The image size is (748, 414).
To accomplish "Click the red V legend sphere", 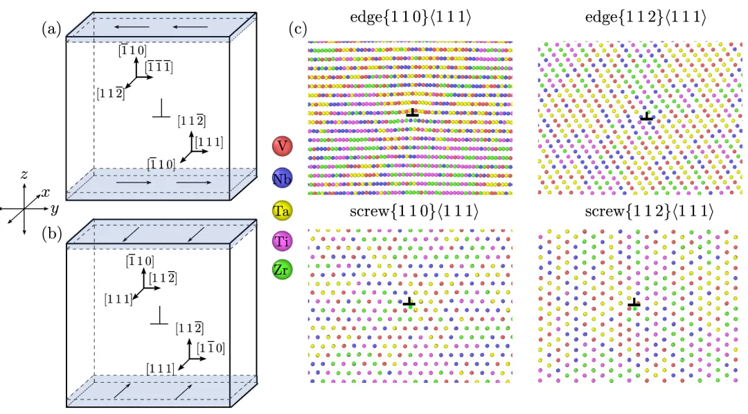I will pos(281,146).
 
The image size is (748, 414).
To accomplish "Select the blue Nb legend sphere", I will pos(281,179).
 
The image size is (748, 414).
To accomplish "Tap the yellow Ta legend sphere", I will pos(281,210).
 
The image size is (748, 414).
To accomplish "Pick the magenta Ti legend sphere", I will pos(281,241).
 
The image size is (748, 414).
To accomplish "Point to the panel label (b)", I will pos(51,234).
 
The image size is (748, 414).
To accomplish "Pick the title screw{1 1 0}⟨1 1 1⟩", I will pos(411,211).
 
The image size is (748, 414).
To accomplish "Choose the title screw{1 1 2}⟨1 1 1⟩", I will pos(641,211).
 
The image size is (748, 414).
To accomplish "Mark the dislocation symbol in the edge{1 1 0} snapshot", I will pos(412,112).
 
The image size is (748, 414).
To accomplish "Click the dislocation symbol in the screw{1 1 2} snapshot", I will pos(634,302).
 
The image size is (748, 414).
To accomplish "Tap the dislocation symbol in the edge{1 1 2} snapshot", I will pos(647,116).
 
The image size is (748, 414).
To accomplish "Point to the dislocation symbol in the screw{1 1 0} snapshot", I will pos(409,302).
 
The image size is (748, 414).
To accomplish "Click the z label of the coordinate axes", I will pos(24,175).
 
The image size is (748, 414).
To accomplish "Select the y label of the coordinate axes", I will pos(54,209).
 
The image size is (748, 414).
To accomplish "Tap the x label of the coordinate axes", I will pos(45,193).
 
